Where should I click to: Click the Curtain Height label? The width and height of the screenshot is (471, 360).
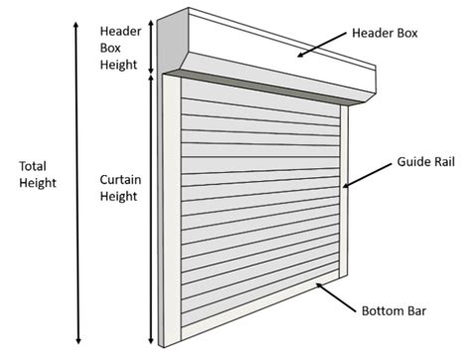point(120,188)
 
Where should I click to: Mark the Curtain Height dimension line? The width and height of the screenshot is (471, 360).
point(152,209)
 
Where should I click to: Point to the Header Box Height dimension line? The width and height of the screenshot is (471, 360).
point(152,45)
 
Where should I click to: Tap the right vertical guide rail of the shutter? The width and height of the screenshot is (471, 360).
point(344,189)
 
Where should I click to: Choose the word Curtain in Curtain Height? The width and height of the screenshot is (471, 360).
point(120,180)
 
